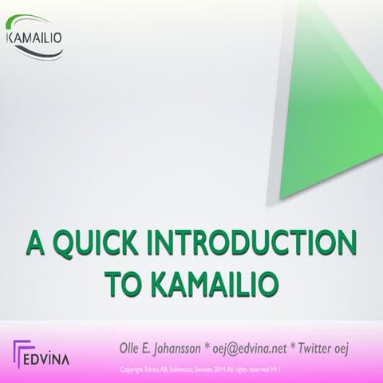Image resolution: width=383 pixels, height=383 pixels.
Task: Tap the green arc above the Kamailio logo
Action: (x=36, y=23)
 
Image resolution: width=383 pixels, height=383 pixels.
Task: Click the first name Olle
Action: (x=129, y=349)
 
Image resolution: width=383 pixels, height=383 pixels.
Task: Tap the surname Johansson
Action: (x=191, y=349)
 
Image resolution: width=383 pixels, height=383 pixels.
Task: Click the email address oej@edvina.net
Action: (x=267, y=349)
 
